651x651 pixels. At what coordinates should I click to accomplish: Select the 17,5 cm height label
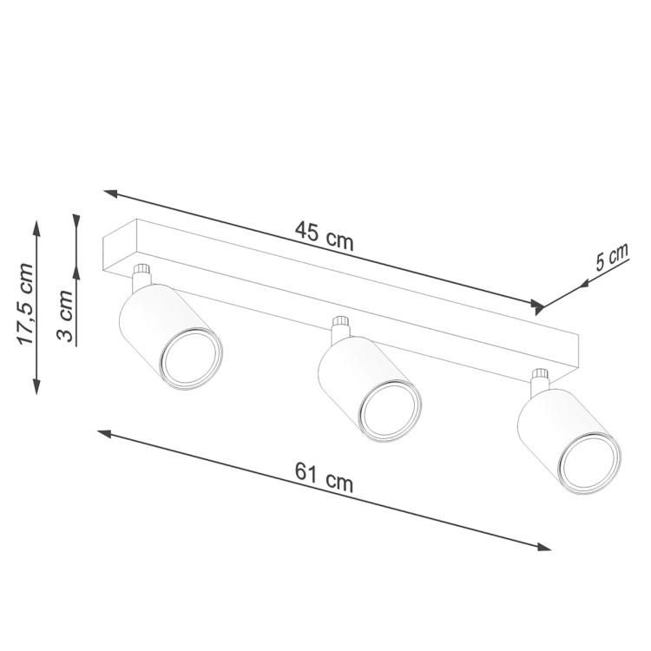[x=26, y=305]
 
